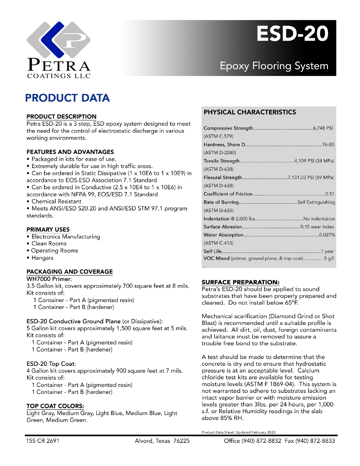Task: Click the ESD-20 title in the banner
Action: (x=292, y=34)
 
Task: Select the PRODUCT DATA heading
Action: (x=67, y=98)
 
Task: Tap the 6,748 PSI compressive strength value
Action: (x=323, y=128)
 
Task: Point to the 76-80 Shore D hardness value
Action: (x=328, y=145)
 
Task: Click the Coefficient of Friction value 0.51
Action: (x=330, y=194)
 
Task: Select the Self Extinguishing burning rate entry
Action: (x=316, y=202)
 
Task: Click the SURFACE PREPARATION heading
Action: (x=240, y=282)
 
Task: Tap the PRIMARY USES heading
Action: (x=48, y=229)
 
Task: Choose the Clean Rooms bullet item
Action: (x=49, y=243)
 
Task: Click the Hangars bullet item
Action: (x=42, y=258)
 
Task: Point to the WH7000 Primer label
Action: (x=49, y=279)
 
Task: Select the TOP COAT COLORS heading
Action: (x=55, y=406)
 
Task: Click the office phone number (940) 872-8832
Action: (x=261, y=441)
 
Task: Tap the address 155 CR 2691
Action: (x=43, y=441)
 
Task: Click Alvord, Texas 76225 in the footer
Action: (x=162, y=441)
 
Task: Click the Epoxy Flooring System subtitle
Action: (x=274, y=66)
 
